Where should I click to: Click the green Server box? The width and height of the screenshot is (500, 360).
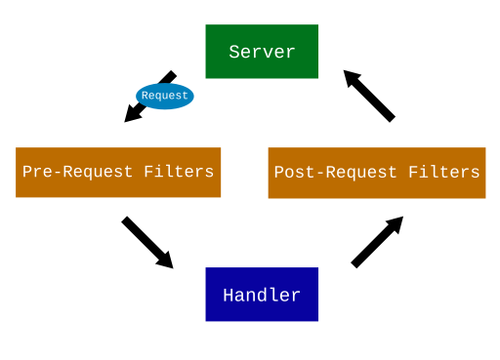[x=262, y=51]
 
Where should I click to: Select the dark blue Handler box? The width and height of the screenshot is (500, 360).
[x=262, y=294]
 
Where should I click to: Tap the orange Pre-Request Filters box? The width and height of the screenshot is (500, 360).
[x=118, y=172]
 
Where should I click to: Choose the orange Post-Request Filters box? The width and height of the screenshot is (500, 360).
[x=377, y=173]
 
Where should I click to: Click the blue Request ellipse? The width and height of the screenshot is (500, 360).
[x=164, y=96]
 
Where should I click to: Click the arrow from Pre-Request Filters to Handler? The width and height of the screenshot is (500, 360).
[x=146, y=242]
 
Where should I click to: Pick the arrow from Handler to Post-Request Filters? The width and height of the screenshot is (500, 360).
[x=377, y=241]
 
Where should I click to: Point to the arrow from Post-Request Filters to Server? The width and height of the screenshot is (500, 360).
[x=369, y=95]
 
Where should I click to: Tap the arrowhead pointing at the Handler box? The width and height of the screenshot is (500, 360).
[x=164, y=260]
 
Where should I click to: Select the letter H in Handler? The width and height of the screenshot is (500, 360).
[x=229, y=295]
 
